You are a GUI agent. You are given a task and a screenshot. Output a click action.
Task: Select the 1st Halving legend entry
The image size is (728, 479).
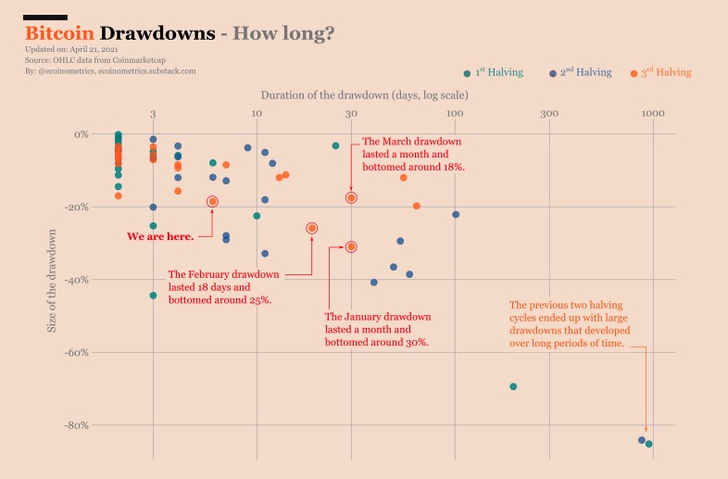coord(493,72)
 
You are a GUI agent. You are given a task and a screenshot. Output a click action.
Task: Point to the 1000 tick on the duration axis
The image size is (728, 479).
coord(653,114)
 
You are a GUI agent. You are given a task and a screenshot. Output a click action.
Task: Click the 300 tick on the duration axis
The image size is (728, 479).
coord(550,114)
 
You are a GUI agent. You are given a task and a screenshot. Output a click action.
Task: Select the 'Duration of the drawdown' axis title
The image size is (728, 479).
coord(364,95)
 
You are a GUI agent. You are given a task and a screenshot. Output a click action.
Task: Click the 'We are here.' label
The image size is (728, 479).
coord(160,236)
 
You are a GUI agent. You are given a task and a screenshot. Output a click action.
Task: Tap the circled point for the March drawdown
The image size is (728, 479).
coord(352,197)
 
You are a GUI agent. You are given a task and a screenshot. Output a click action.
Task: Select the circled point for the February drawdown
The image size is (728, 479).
coord(312,228)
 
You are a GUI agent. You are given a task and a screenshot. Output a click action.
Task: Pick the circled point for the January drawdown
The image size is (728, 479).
coord(352,246)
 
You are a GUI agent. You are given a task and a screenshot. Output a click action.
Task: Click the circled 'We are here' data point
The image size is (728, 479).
coord(213,201)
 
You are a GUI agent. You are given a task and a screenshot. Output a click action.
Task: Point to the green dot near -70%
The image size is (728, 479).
coord(513,386)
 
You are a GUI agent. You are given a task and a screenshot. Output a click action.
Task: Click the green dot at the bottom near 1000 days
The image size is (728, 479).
coord(649,444)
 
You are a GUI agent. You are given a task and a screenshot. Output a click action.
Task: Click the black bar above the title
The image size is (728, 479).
coord(46,17)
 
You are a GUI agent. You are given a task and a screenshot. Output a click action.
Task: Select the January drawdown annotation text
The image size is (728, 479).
coord(377,329)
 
